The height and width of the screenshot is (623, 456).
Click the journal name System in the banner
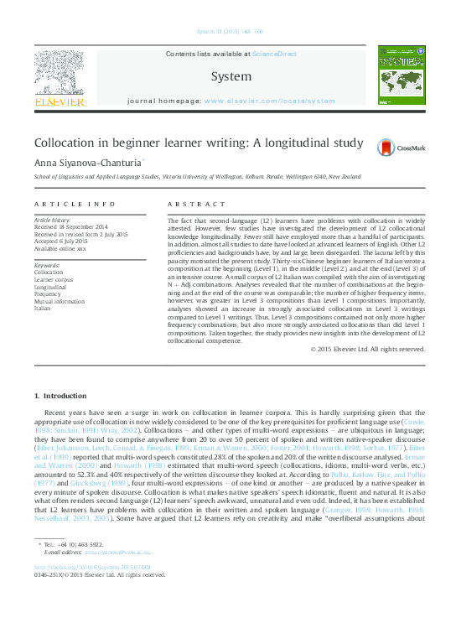[229, 75]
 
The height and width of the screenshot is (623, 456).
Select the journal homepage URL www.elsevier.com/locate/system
[269, 100]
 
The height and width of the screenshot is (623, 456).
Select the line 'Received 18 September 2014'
[70, 227]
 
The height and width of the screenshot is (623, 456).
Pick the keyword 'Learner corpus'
[53, 279]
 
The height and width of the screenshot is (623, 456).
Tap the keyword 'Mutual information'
[59, 301]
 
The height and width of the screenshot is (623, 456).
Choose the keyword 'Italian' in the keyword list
[43, 308]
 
